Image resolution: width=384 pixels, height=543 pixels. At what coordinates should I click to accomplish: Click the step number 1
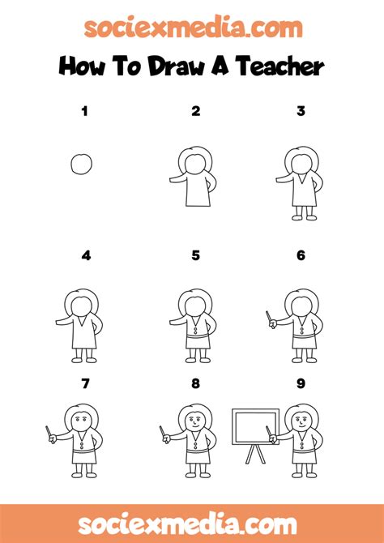pos(84,112)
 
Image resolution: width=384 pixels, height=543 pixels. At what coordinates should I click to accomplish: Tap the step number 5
pos(195,255)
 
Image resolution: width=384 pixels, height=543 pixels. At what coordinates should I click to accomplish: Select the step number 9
pos(301,383)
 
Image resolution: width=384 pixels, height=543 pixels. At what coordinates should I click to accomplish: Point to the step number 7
pos(86,383)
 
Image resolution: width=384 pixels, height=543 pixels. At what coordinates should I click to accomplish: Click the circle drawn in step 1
pos(71,165)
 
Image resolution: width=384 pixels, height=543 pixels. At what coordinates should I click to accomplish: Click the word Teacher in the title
pos(281,66)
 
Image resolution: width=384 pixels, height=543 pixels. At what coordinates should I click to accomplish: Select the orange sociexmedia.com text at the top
pos(193,28)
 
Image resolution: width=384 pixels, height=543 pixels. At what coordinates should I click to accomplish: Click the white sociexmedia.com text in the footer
pos(187,525)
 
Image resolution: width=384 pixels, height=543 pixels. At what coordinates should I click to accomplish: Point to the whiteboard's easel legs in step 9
pos(256,454)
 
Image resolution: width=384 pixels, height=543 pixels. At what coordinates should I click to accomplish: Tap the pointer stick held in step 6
pos(269,317)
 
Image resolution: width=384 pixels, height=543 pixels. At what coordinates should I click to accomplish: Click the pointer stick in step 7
pos(49,432)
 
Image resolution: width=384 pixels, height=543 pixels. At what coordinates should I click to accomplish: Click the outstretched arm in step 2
pos(178,178)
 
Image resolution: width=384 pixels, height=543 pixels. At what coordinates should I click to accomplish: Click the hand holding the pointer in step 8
pos(167,439)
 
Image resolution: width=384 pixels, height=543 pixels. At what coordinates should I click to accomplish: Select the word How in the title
pos(82,66)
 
